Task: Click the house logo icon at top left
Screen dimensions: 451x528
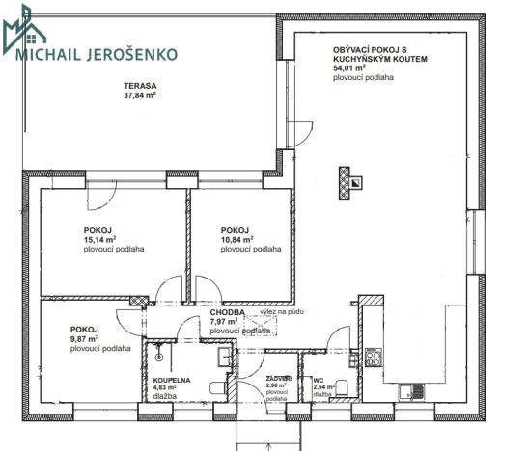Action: click(x=25, y=27)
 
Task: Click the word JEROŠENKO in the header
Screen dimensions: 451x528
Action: click(x=132, y=54)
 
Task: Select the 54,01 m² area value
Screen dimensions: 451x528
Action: click(x=349, y=69)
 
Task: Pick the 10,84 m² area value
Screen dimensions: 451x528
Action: click(x=237, y=239)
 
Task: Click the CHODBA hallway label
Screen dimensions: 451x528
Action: click(x=227, y=312)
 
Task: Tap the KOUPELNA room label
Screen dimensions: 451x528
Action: click(x=172, y=381)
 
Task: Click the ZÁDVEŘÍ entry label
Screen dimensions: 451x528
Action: click(x=280, y=379)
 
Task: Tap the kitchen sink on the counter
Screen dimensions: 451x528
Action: click(x=410, y=389)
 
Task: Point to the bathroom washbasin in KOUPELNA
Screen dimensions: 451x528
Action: click(x=225, y=358)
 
